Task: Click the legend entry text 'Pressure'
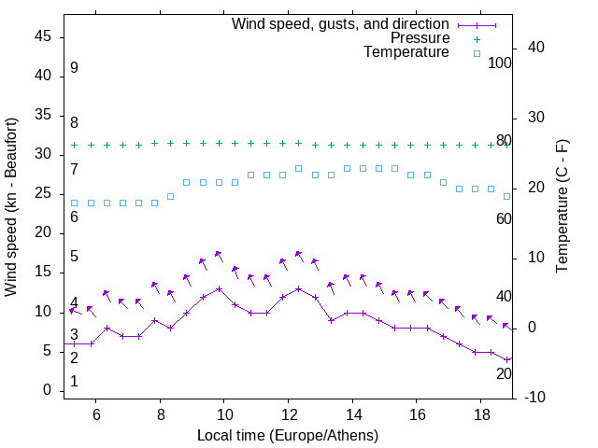tap(420, 38)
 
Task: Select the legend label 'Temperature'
tap(406, 53)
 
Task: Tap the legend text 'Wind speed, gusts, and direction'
tap(340, 23)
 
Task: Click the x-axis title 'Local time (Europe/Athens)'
tap(288, 436)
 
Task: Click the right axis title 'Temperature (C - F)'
tap(562, 207)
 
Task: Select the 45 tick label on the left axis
tap(42, 36)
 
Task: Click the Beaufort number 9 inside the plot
tap(74, 68)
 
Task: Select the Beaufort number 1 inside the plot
tap(74, 382)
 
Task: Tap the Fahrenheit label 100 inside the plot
tap(500, 63)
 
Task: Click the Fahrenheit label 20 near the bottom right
tap(504, 373)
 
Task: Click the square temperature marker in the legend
tap(477, 53)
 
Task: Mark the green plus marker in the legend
tap(477, 38)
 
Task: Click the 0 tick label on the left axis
tap(47, 390)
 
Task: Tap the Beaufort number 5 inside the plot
tap(74, 257)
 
